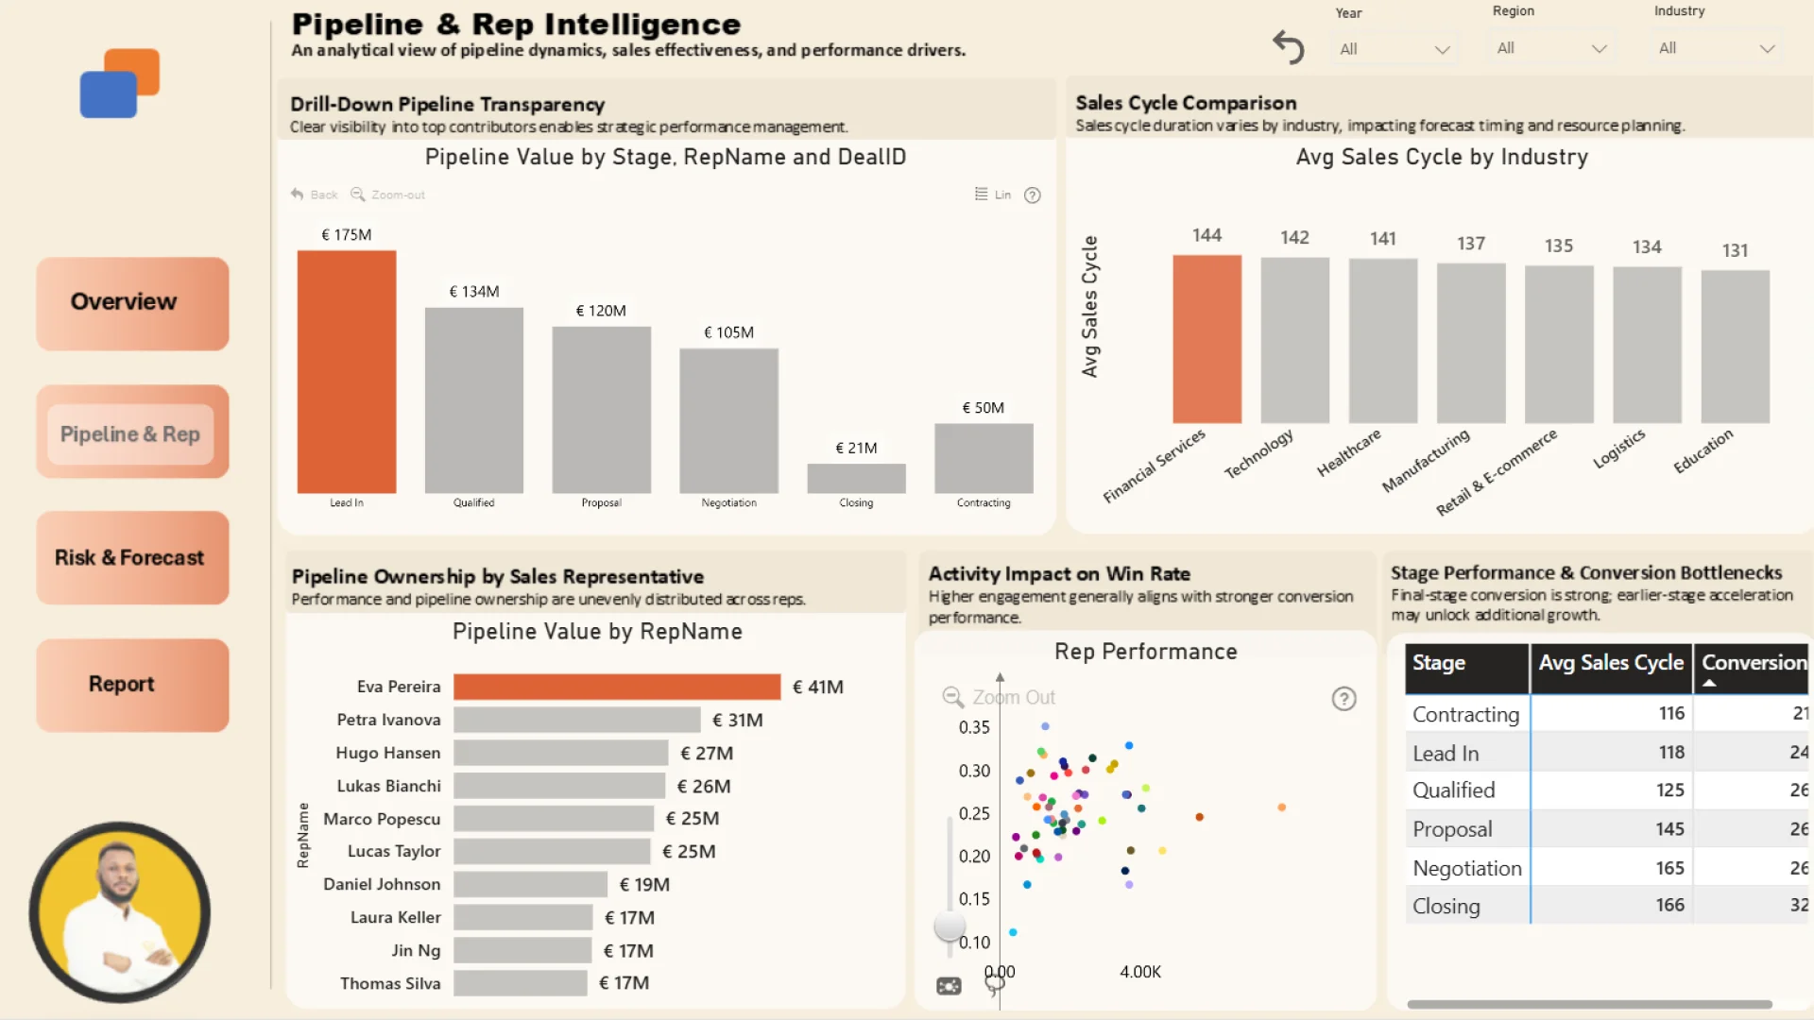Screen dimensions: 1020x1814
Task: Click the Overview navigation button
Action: (132, 303)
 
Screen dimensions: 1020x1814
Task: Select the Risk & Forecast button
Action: (132, 558)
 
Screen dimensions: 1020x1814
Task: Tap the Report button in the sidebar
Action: (132, 685)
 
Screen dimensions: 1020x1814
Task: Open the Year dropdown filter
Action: (1394, 49)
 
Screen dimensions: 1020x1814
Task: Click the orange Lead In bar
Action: (347, 371)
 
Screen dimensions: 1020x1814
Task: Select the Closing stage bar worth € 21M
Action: (856, 478)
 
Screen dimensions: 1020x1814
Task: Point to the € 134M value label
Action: (474, 292)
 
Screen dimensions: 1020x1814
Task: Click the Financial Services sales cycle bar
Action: (1206, 339)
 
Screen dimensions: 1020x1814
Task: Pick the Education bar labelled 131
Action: (1735, 347)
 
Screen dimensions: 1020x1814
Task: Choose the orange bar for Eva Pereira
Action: (617, 687)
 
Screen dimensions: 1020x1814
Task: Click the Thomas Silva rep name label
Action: (390, 983)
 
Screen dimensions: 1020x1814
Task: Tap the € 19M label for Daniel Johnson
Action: (644, 885)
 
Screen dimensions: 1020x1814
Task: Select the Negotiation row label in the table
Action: (1466, 868)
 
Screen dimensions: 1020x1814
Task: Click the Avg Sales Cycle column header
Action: (1610, 663)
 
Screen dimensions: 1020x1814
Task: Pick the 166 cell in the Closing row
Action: (1669, 906)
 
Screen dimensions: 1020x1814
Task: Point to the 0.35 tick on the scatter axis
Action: (974, 727)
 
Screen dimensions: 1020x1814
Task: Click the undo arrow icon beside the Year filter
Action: (1288, 46)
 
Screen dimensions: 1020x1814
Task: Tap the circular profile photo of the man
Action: (120, 911)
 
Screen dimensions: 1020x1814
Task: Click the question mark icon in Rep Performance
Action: (1343, 699)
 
